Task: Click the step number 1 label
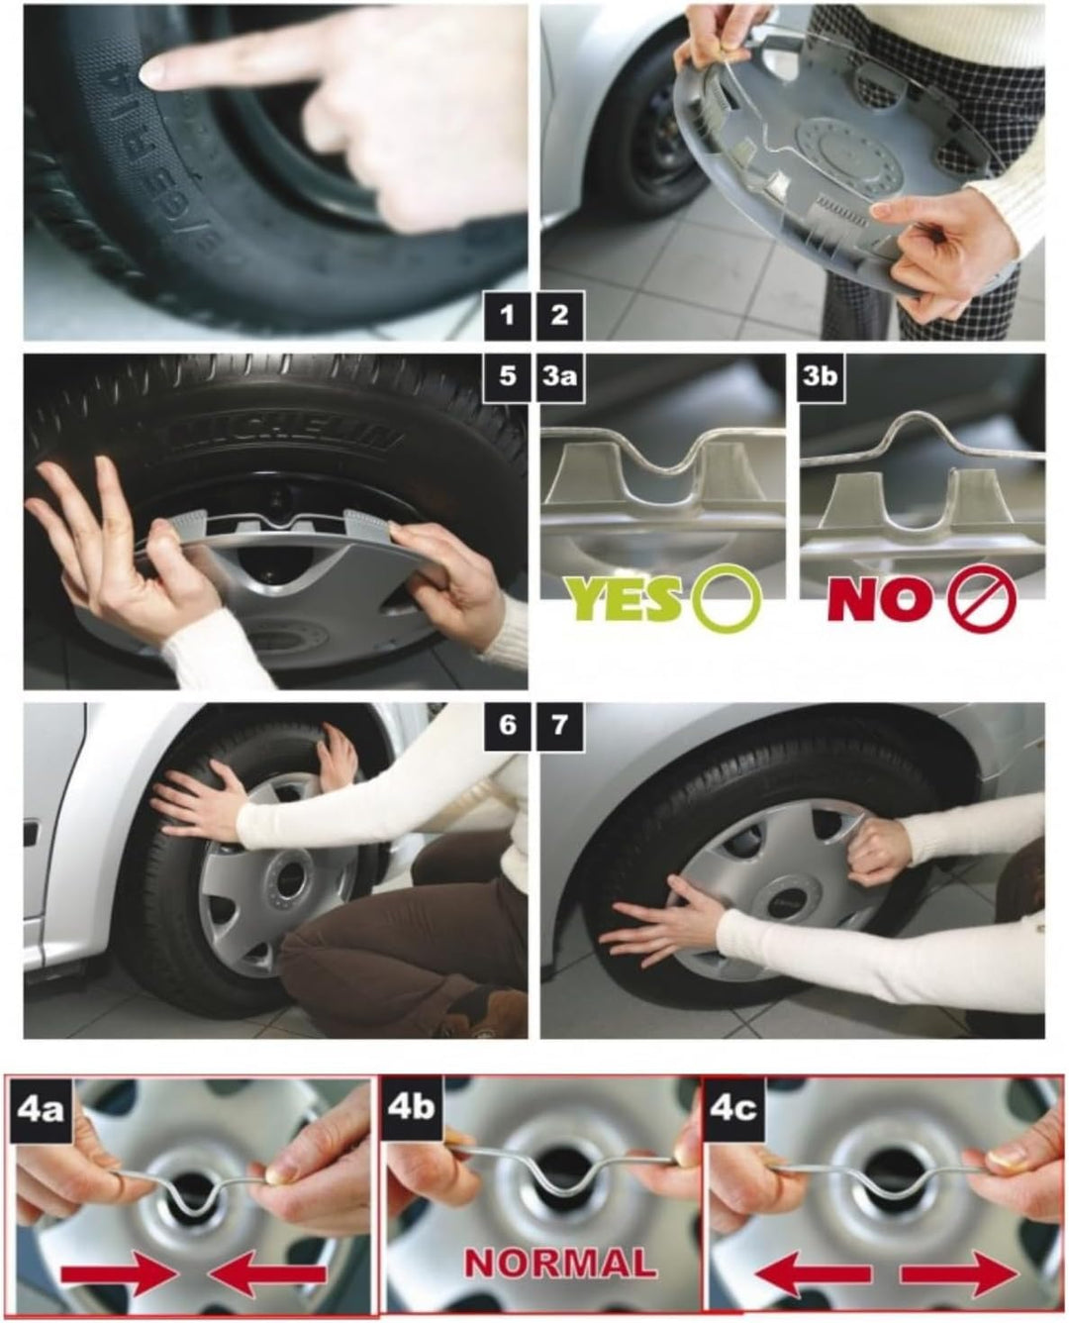coord(508,316)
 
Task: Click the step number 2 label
coord(560,316)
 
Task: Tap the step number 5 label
coord(508,377)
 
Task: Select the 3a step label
coord(560,377)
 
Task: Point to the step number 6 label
coord(508,725)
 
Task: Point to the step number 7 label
coord(560,725)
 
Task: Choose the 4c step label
coord(733,1106)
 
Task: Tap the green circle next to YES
coord(729,600)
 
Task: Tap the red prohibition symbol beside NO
coord(983,600)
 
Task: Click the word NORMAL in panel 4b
coord(560,1262)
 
